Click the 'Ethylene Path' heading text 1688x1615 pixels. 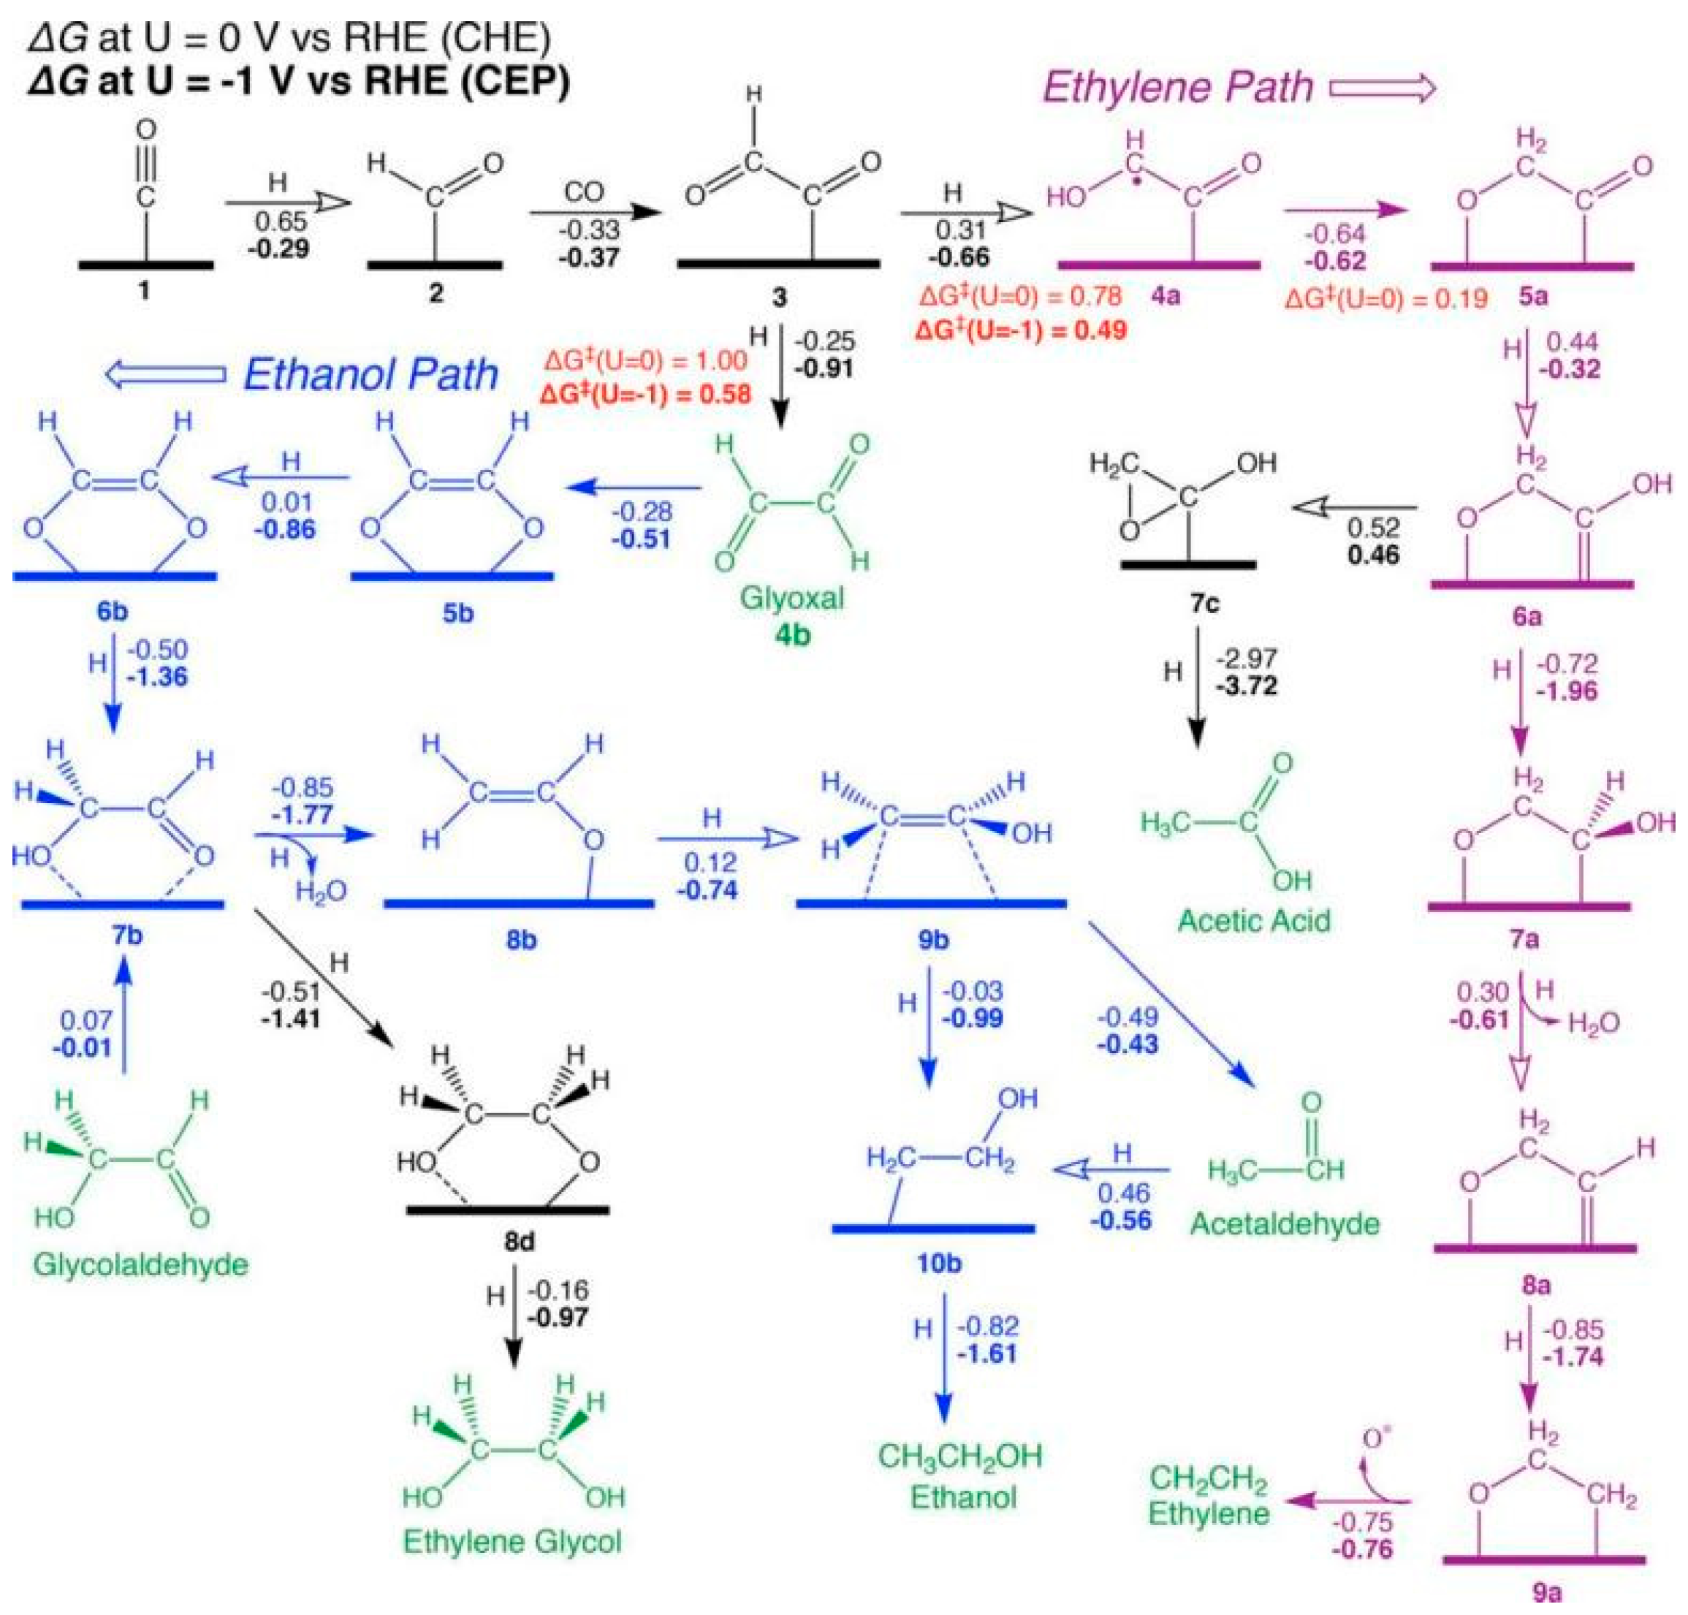(x=1177, y=87)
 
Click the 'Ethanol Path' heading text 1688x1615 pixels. (x=371, y=373)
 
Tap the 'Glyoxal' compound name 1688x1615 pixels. (x=792, y=598)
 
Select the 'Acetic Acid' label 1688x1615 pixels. (x=1253, y=920)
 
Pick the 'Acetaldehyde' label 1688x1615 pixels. (x=1285, y=1223)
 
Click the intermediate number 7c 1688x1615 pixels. (x=1204, y=604)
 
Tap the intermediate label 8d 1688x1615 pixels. (x=519, y=1241)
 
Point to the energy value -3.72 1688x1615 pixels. (x=1246, y=686)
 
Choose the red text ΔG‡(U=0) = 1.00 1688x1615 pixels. (x=645, y=360)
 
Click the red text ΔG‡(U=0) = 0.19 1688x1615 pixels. (x=1386, y=299)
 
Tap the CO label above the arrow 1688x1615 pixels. (x=584, y=191)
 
